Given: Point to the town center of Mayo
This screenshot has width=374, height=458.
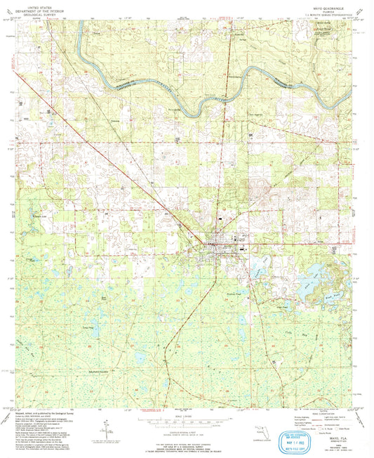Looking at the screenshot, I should coord(214,245).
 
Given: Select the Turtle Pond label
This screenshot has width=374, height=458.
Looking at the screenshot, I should coord(88,328).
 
